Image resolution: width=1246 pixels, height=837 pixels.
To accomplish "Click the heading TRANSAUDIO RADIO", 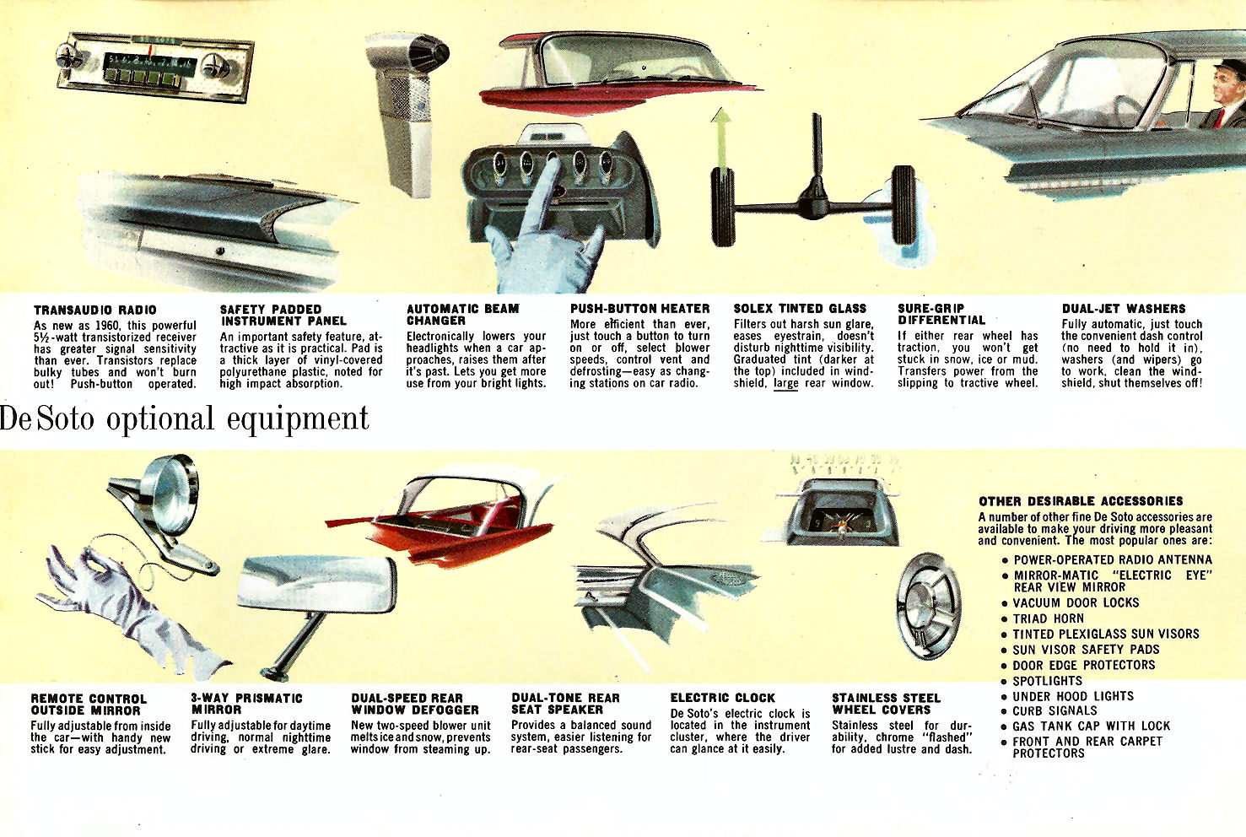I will [x=94, y=310].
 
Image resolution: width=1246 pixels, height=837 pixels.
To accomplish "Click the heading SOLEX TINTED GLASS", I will [x=800, y=309].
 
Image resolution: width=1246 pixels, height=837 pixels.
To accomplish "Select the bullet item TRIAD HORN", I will [x=1048, y=618].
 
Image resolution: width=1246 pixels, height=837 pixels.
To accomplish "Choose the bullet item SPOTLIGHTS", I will [x=1047, y=681].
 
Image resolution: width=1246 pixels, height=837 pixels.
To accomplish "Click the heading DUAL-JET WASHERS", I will [x=1123, y=309].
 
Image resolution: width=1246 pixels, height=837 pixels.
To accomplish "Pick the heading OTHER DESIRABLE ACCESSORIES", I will [x=1081, y=501].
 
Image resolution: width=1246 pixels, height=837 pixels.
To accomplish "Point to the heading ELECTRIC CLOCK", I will [x=722, y=698].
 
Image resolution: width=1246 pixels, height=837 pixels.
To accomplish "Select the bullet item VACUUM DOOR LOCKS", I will [x=1076, y=603].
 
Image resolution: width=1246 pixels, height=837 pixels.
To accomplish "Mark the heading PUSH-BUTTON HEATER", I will [x=639, y=309].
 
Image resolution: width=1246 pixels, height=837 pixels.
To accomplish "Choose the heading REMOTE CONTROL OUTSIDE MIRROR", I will [x=89, y=705].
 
